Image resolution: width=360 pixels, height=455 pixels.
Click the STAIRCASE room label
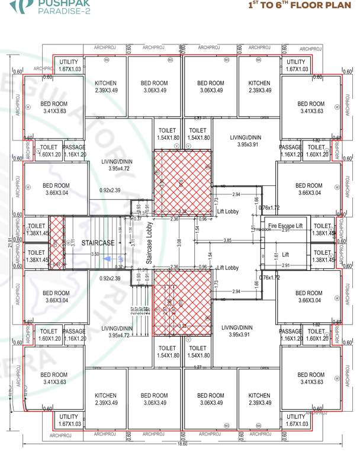pos(98,243)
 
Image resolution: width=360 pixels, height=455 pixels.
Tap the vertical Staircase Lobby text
pos(150,243)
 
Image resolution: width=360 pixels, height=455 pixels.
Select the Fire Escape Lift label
pos(285,226)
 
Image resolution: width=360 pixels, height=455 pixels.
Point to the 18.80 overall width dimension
pos(182,443)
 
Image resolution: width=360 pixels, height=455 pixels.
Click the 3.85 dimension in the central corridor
pos(227,240)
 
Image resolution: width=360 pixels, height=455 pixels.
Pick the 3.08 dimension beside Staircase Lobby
pos(179,242)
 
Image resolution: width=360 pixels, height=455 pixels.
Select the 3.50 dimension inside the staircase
pos(95,254)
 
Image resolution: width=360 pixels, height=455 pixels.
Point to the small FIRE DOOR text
pos(263,230)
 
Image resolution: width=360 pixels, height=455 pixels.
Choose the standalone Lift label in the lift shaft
pos(285,254)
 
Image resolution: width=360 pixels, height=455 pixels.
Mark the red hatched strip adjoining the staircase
pos(56,243)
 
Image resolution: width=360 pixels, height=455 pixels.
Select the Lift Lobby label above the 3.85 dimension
pos(227,212)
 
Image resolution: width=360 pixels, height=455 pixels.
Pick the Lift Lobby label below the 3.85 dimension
pos(227,268)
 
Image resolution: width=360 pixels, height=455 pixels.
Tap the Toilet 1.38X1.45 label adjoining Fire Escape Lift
pos(323,230)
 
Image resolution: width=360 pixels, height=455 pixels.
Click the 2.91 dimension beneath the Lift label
pos(285,265)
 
